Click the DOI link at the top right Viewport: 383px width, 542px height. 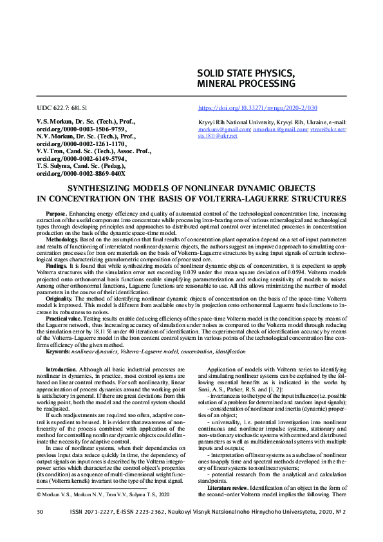[257, 107]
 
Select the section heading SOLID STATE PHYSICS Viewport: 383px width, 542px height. [247, 72]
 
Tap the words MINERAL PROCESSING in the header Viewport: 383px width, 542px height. [247, 84]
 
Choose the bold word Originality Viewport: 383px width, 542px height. [59, 298]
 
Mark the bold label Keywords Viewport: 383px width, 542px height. [58, 351]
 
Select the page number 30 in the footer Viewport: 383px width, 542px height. [40, 512]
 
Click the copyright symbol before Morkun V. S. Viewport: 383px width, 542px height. [38, 494]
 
